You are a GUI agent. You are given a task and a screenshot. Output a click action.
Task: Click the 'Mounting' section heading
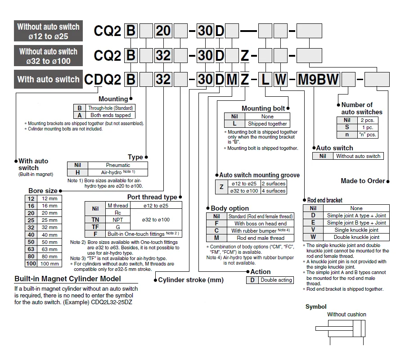pos(113,99)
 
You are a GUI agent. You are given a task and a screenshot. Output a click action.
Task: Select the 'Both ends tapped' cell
pos(111,115)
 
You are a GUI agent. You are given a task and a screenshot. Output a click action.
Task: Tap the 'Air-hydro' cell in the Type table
pos(118,172)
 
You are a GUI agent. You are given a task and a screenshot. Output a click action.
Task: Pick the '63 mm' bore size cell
pos(49,249)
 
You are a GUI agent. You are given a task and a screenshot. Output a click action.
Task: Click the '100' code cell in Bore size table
pos(31,264)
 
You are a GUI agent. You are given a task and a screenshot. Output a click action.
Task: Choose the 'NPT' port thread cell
pos(118,220)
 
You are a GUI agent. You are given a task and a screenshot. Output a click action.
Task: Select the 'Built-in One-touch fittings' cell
pos(144,234)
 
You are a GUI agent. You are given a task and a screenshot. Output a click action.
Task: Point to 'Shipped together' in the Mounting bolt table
pos(267,124)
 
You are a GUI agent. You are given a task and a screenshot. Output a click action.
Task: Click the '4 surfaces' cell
pos(274,191)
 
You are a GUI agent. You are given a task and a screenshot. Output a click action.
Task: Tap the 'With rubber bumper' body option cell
pos(261,230)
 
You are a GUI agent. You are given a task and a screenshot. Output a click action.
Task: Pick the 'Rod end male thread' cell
pos(261,238)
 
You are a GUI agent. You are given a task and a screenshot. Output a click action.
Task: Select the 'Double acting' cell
pos(276,280)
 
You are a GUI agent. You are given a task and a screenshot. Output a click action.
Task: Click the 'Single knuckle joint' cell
pos(356,230)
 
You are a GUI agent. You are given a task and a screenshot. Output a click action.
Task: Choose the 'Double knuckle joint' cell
pos(356,237)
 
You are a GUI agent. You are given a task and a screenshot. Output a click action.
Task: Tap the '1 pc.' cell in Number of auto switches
pos(368,127)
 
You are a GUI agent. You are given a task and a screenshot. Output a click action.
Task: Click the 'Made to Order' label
pos(363,181)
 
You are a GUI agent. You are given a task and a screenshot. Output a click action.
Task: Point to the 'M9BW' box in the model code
pos(319,79)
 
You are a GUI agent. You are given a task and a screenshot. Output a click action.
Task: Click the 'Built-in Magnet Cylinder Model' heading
pos(67,279)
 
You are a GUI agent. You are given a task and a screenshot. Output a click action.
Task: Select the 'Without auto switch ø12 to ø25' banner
pos(48,31)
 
